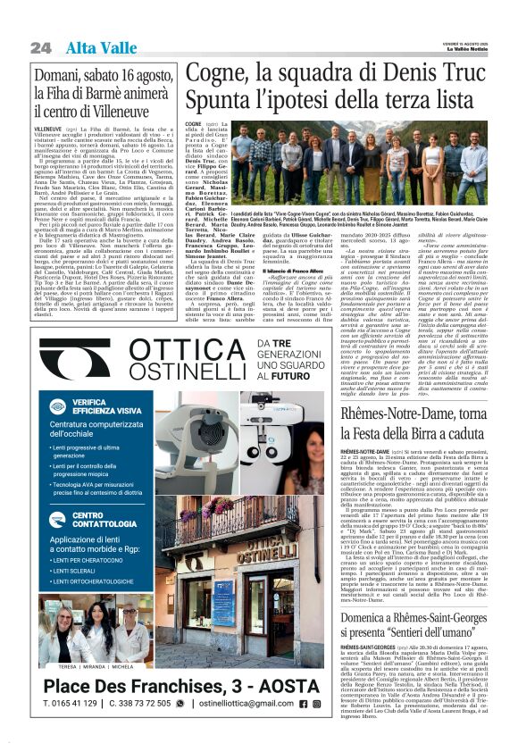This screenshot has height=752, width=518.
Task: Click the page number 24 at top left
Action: point(39,47)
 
